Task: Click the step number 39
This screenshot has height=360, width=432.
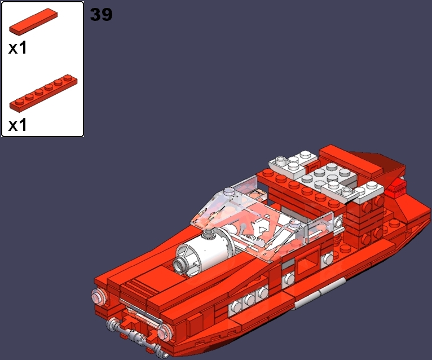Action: pyautogui.click(x=102, y=14)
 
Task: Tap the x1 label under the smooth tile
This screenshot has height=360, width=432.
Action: pyautogui.click(x=17, y=49)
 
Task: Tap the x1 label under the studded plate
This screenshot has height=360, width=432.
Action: pyautogui.click(x=17, y=125)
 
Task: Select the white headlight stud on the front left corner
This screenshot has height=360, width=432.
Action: pyautogui.click(x=98, y=296)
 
